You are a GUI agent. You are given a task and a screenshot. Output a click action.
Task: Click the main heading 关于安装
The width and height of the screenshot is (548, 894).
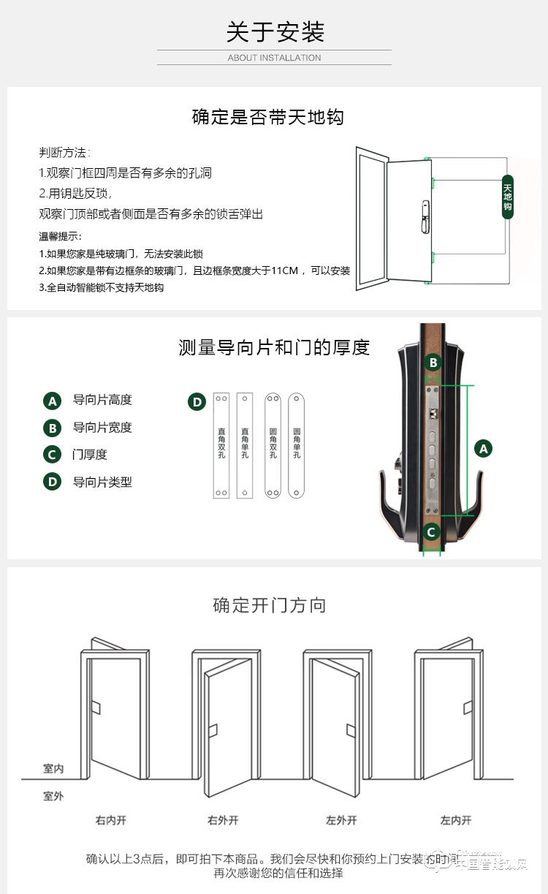[274, 32]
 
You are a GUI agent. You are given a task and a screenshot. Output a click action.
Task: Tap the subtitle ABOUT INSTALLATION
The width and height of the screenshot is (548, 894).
[274, 58]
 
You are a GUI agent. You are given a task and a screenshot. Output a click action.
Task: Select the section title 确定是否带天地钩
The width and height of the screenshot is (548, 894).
[267, 117]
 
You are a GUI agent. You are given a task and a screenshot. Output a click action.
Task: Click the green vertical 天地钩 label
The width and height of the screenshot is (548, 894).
[507, 197]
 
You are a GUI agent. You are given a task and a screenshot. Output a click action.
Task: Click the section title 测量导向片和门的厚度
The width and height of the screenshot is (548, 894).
[274, 347]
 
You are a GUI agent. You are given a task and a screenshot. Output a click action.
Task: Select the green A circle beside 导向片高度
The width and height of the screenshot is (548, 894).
[52, 401]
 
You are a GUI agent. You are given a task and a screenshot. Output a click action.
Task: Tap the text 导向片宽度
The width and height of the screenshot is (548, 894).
[102, 428]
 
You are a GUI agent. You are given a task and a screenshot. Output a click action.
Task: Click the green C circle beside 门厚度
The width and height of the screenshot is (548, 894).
[52, 455]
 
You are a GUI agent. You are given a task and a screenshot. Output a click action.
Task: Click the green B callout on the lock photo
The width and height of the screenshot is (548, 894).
[433, 363]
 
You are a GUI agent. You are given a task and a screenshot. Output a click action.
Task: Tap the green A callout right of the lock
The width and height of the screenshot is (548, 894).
[483, 449]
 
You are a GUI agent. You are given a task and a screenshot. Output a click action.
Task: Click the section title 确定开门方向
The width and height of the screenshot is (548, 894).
[269, 605]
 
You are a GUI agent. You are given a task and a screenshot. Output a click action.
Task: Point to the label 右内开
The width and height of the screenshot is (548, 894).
[110, 820]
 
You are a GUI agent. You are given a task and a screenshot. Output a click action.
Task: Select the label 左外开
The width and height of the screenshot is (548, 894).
[341, 820]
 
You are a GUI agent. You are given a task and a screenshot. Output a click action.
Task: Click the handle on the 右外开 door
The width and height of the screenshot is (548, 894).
[213, 730]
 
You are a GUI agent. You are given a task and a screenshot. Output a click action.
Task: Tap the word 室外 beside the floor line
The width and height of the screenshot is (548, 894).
[53, 795]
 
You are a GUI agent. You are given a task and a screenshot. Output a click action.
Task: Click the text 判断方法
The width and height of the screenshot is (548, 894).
[64, 153]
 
